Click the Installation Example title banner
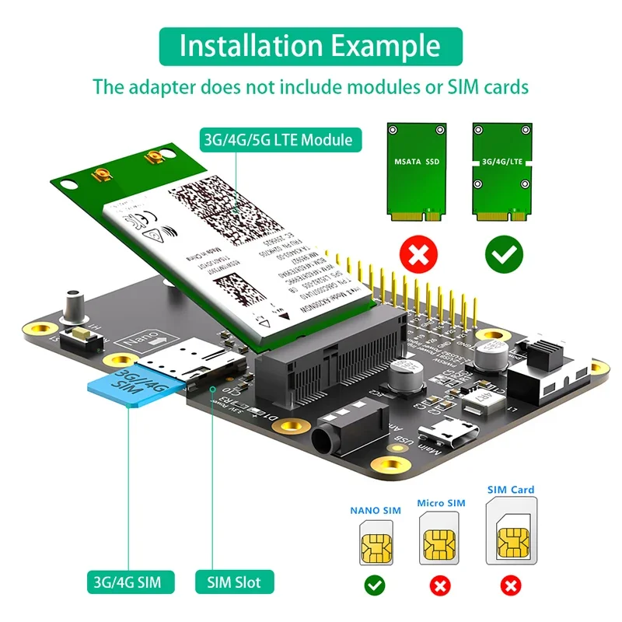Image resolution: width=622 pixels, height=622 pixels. click(x=311, y=46)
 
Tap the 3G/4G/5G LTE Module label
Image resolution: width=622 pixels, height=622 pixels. click(x=278, y=141)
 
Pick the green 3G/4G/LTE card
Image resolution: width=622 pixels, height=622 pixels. click(x=502, y=166)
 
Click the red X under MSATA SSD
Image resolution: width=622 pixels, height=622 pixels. click(x=417, y=253)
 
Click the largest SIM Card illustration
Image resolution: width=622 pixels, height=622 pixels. click(x=511, y=532)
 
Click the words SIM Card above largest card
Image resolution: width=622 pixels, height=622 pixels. click(x=511, y=490)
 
